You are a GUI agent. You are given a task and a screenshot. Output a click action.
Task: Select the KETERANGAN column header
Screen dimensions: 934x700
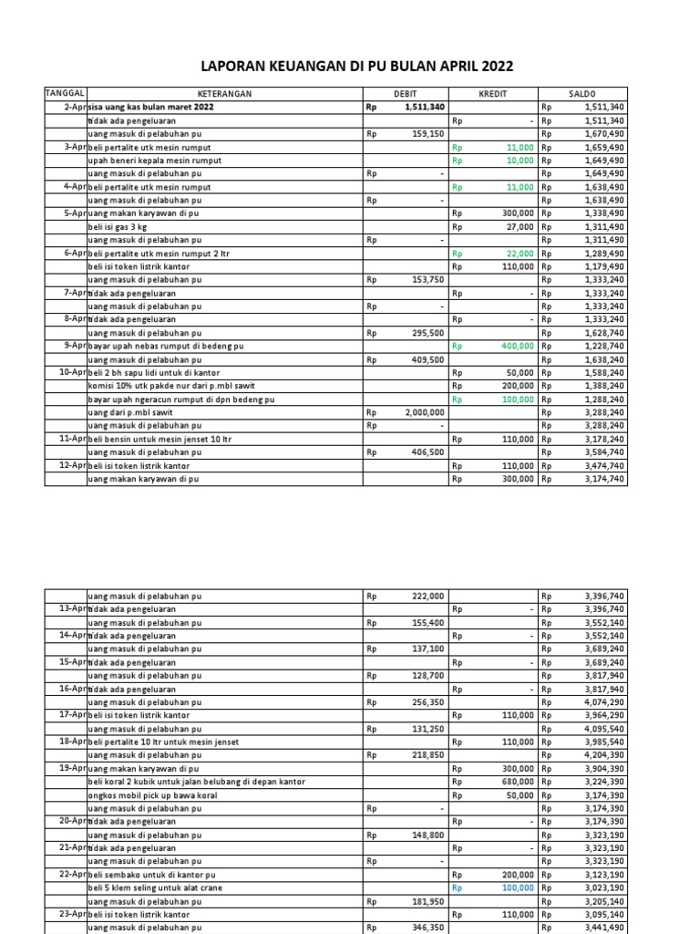pyautogui.click(x=224, y=94)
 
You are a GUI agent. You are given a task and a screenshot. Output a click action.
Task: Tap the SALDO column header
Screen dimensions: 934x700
pyautogui.click(x=582, y=94)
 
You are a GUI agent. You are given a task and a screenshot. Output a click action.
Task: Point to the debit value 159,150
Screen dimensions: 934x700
pyautogui.click(x=427, y=134)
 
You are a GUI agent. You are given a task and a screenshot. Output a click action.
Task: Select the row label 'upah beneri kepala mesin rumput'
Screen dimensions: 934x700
pyautogui.click(x=154, y=161)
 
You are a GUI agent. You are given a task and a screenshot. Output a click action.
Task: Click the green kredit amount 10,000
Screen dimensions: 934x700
pyautogui.click(x=520, y=161)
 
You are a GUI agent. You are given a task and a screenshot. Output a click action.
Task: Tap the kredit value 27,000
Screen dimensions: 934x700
pyautogui.click(x=520, y=226)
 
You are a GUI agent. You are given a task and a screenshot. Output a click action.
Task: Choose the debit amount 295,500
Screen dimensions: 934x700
pyautogui.click(x=427, y=332)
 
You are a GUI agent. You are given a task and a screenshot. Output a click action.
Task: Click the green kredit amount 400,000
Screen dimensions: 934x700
pyautogui.click(x=517, y=347)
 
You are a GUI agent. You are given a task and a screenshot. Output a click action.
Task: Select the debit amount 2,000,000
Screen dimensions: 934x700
pyautogui.click(x=423, y=412)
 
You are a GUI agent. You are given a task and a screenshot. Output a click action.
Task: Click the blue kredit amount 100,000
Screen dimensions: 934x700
pyautogui.click(x=517, y=887)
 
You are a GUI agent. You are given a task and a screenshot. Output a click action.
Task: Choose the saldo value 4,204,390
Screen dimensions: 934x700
pyautogui.click(x=604, y=755)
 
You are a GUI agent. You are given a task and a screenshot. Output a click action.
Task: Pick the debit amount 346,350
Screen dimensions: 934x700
pyautogui.click(x=427, y=928)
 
